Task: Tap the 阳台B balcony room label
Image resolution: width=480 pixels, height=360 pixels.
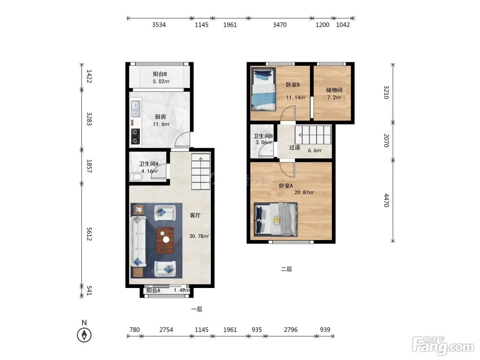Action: [160, 74]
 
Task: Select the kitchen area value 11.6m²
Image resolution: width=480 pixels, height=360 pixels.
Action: [161, 124]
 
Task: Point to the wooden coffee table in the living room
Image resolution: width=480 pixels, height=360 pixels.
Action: [165, 240]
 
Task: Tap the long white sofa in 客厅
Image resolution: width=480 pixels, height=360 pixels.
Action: [138, 241]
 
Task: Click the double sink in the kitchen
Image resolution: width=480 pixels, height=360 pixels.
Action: [135, 108]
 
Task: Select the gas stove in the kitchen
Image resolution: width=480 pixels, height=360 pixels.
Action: [135, 136]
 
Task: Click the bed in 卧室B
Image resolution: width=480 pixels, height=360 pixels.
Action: [263, 89]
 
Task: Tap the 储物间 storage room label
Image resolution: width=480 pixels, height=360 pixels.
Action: [334, 90]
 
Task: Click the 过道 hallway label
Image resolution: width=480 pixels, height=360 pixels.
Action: [294, 147]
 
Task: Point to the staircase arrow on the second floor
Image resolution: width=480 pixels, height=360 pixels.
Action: [300, 135]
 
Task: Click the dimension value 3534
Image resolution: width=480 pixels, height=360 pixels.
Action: [159, 25]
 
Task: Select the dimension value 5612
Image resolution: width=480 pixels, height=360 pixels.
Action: [89, 234]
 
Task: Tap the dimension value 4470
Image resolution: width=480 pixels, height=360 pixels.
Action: [386, 200]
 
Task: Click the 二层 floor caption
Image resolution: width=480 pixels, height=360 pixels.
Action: [286, 269]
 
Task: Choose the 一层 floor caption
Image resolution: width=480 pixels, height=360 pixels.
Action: [196, 309]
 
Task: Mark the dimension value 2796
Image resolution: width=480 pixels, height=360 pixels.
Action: [291, 329]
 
